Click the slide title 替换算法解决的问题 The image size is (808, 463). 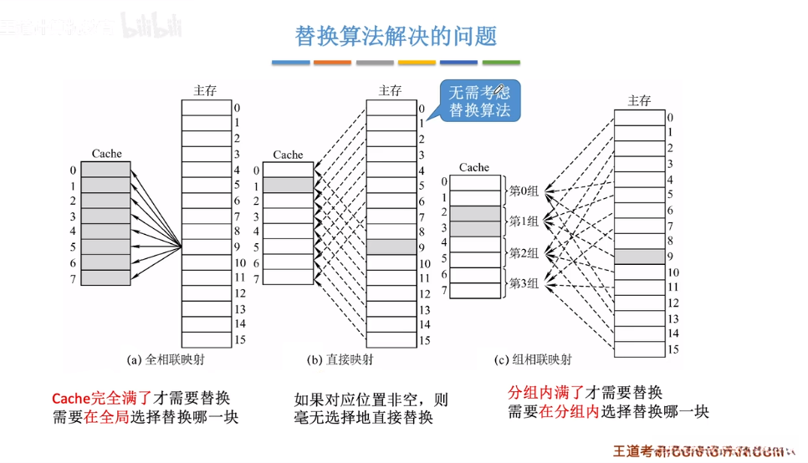[x=396, y=35]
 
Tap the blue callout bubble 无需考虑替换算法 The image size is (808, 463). [x=479, y=100]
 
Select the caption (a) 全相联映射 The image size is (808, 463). [x=166, y=360]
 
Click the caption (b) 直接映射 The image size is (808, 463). [x=340, y=360]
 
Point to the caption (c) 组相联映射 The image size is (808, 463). [x=533, y=360]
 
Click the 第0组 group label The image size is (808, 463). [x=524, y=191]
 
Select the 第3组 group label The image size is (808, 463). [x=524, y=284]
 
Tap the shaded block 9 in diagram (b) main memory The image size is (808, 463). [x=391, y=247]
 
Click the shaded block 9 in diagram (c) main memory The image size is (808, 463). [x=640, y=256]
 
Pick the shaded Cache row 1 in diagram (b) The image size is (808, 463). [x=288, y=186]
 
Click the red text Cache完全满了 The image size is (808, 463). [x=101, y=398]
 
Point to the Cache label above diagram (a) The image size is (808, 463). [x=106, y=154]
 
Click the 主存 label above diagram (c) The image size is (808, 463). [x=639, y=100]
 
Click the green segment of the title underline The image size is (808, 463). [x=501, y=63]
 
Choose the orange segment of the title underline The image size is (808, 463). [x=332, y=63]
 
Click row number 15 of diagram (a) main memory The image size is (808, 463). [x=238, y=340]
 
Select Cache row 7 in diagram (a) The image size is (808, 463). [x=106, y=277]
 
